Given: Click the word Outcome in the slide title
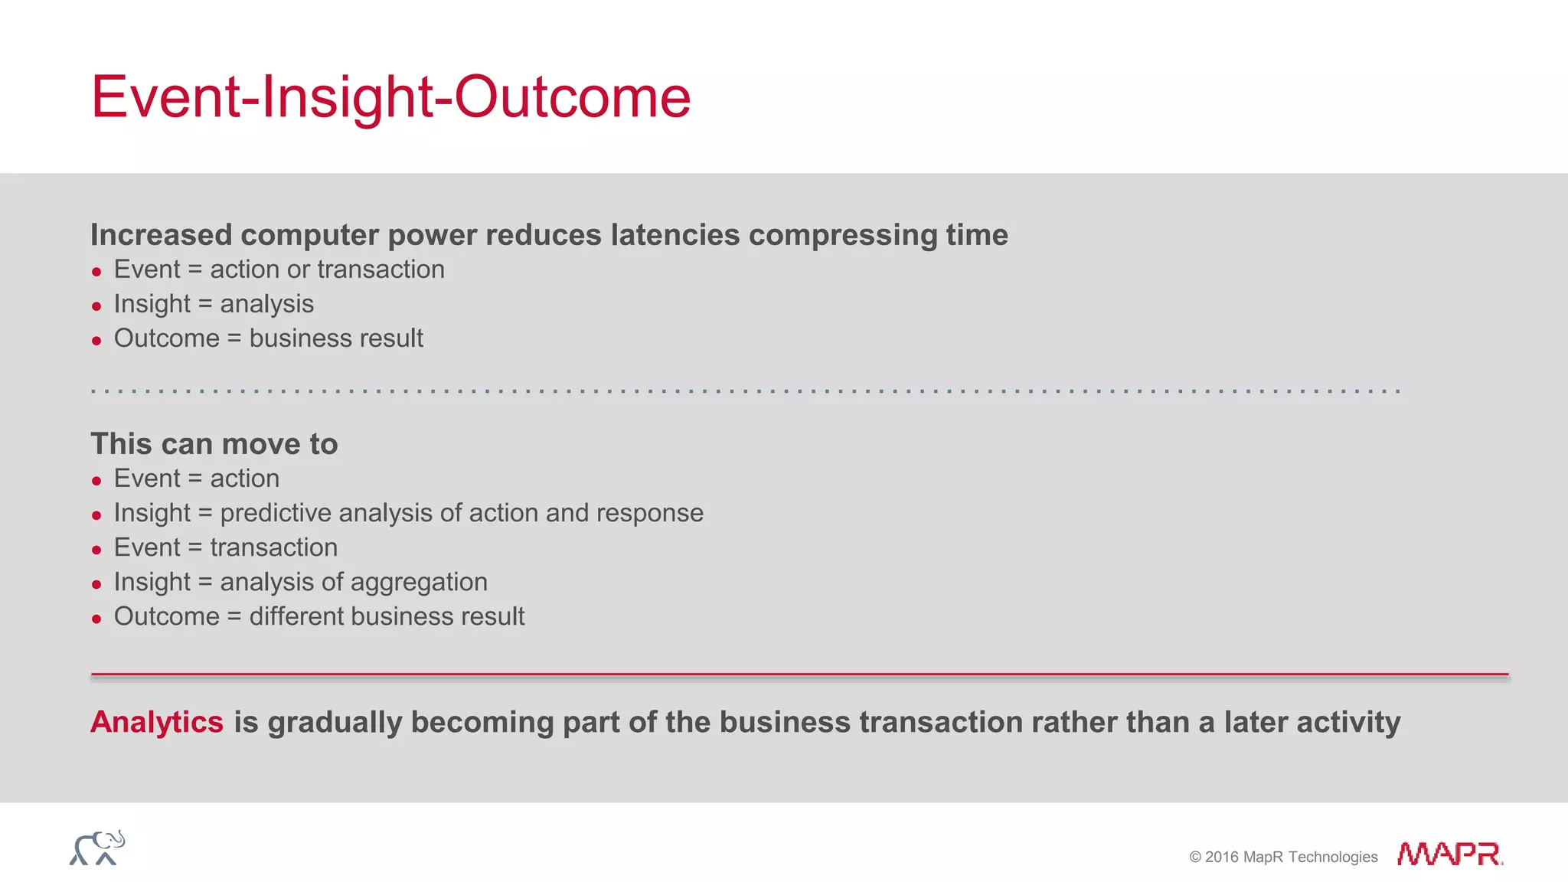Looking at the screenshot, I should [x=573, y=97].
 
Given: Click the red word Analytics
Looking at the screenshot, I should [x=157, y=722].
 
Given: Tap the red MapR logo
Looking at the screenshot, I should [x=1449, y=854].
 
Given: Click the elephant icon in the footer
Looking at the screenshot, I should [x=97, y=848].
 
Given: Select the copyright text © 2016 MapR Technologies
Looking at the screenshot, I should [x=1283, y=857].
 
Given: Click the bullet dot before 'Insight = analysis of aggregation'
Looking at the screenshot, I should [x=96, y=584].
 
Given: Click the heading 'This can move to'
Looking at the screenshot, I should [x=214, y=444].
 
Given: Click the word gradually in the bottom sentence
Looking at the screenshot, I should [x=335, y=722].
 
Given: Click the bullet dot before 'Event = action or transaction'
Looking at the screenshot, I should [x=96, y=272].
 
